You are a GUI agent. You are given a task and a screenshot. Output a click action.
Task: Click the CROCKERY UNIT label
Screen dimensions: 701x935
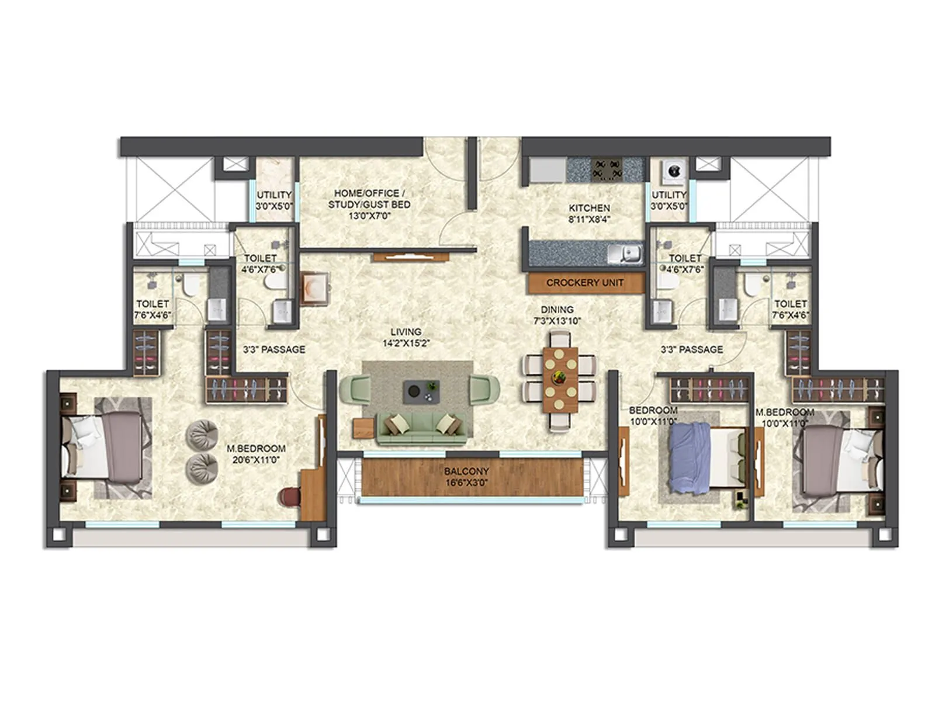584,283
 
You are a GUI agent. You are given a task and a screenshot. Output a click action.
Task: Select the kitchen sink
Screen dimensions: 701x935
625,254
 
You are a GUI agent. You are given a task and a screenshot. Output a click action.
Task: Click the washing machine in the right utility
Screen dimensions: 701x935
673,171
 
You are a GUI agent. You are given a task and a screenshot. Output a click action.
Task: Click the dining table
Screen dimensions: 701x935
560,380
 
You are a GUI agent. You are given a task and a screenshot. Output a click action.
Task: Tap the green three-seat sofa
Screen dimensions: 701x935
421,429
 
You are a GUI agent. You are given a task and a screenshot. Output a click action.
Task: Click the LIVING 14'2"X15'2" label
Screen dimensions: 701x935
406,338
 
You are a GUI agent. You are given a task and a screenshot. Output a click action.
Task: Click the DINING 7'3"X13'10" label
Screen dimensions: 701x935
557,315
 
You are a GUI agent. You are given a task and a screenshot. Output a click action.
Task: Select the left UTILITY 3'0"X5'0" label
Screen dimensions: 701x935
274,200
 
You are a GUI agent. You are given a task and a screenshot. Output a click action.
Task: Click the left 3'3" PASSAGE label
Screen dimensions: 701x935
274,349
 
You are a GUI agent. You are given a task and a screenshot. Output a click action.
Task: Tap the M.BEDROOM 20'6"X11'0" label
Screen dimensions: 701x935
256,454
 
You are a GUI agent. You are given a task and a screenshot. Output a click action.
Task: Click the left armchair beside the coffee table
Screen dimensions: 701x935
354,390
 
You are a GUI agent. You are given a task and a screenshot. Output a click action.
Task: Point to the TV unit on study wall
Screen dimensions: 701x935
411,256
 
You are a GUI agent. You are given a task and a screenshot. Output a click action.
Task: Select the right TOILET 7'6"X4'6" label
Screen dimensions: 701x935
790,309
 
